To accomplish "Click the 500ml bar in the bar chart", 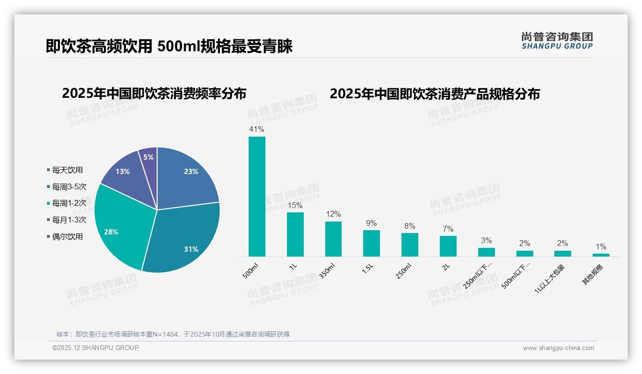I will pyautogui.click(x=256, y=197).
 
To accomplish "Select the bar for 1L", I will pyautogui.click(x=295, y=234).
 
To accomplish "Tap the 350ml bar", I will pyautogui.click(x=333, y=239).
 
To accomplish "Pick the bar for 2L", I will pyautogui.click(x=448, y=246).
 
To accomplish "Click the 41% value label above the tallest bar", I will pyautogui.click(x=256, y=129).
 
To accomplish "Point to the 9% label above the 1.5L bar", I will pyautogui.click(x=371, y=223).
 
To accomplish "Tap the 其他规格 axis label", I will pyautogui.click(x=593, y=275).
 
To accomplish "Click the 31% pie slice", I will pyautogui.click(x=184, y=240).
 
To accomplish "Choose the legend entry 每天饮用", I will pyautogui.click(x=67, y=170).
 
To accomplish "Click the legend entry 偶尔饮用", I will pyautogui.click(x=67, y=237).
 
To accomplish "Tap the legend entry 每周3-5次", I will pyautogui.click(x=69, y=187).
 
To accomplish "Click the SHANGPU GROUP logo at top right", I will pyautogui.click(x=557, y=41).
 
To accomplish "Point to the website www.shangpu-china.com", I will pyautogui.click(x=558, y=348).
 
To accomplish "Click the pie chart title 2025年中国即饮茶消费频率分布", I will pyautogui.click(x=154, y=93).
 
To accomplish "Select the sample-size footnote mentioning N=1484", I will pyautogui.click(x=173, y=334).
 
